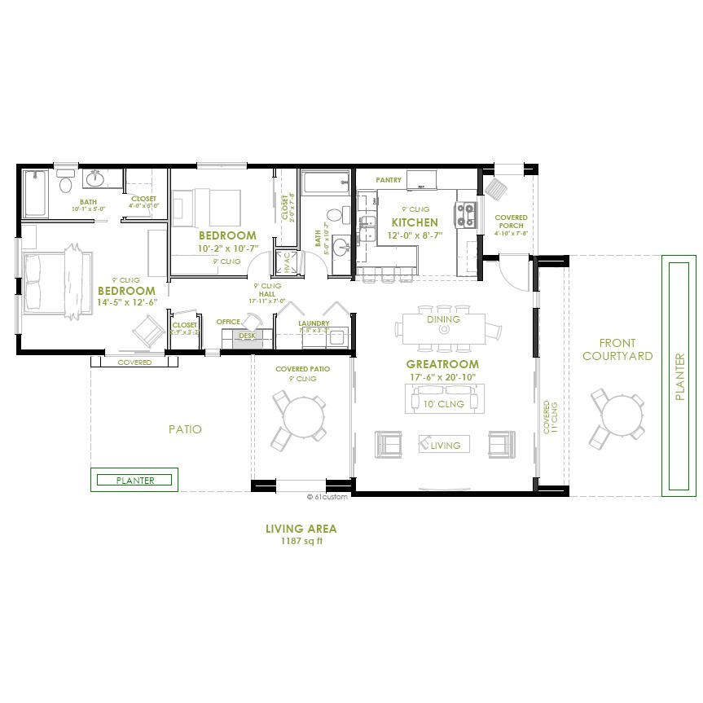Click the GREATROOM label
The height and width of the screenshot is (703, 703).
[x=442, y=364]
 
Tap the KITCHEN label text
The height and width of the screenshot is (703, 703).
[x=415, y=222]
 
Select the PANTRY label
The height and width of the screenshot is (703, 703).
[x=389, y=180]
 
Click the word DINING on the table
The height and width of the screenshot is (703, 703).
[x=443, y=319]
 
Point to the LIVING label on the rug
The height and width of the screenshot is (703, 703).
[x=445, y=445]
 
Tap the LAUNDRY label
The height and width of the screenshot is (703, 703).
[x=314, y=323]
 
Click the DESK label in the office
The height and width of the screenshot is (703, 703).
[x=247, y=336]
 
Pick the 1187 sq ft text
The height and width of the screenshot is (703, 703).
[x=301, y=541]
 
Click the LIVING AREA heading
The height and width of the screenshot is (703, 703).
[x=301, y=529]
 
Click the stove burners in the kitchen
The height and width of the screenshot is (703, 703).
[x=466, y=213]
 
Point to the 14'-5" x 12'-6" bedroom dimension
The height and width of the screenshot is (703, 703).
[x=125, y=302]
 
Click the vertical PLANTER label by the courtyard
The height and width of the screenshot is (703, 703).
[x=680, y=376]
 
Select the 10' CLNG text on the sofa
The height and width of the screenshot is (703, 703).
[x=443, y=403]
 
